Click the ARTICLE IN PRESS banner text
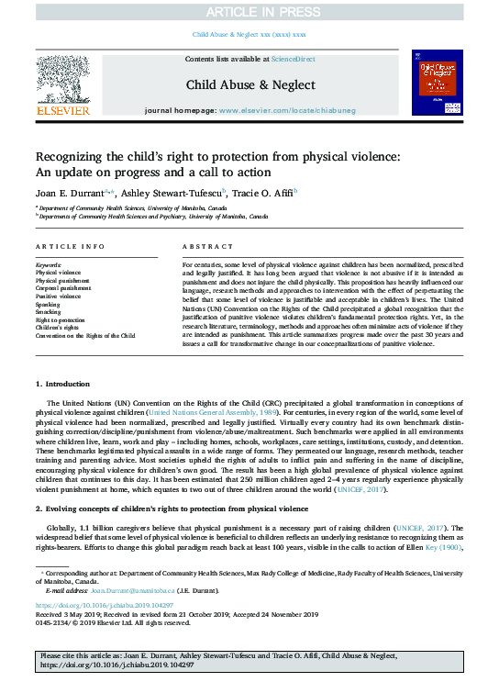coord(249,11)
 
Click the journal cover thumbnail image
coord(436,83)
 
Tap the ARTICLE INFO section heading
coord(70,248)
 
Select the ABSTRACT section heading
coord(207,248)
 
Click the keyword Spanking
coord(50,304)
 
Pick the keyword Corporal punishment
coord(63,288)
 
